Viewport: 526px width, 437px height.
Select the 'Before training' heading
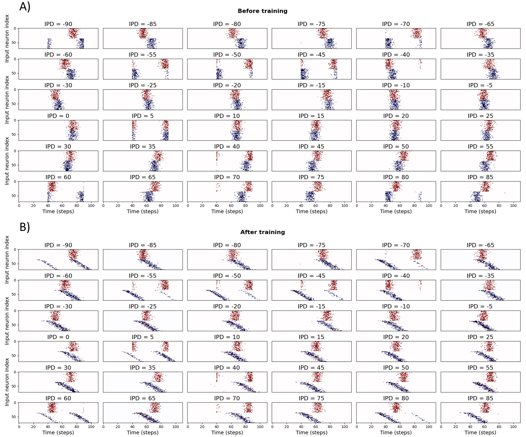pos(263,11)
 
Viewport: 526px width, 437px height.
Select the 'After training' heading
pos(263,232)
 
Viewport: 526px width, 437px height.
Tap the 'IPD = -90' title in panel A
pos(58,24)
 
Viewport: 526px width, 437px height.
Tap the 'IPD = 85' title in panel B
pos(480,398)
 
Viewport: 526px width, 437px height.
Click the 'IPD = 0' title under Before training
pos(58,116)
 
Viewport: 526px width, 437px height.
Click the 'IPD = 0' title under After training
pos(58,337)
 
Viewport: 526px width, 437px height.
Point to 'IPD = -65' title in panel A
pos(480,24)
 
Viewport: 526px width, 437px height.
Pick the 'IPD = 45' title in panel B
pos(311,368)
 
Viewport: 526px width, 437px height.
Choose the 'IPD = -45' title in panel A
pos(311,55)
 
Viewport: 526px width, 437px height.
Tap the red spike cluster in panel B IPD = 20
pos(396,346)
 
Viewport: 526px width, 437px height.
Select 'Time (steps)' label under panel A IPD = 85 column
pos(480,211)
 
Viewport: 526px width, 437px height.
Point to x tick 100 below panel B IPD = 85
pos(513,426)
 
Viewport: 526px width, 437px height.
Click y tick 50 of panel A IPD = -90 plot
pos(14,43)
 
